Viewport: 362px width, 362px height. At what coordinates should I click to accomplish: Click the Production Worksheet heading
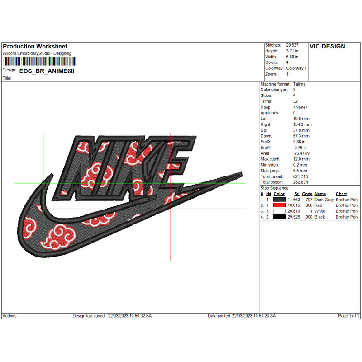click(x=35, y=47)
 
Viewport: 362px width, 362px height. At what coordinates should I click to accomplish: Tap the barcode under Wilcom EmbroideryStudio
click(x=39, y=61)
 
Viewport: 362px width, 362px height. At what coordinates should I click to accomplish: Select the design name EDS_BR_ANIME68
click(x=47, y=71)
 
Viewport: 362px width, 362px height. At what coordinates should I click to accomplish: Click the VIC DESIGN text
click(x=327, y=47)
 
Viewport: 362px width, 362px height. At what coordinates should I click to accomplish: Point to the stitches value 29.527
click(x=292, y=45)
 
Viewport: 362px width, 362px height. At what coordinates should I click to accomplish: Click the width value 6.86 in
click(x=292, y=57)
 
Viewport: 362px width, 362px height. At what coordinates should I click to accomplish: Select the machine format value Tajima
click(x=299, y=84)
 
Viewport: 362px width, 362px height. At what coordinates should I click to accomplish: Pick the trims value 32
click(x=295, y=101)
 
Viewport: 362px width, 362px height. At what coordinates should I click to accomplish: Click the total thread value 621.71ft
click(x=300, y=176)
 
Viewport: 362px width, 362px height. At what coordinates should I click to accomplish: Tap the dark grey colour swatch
click(x=279, y=200)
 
